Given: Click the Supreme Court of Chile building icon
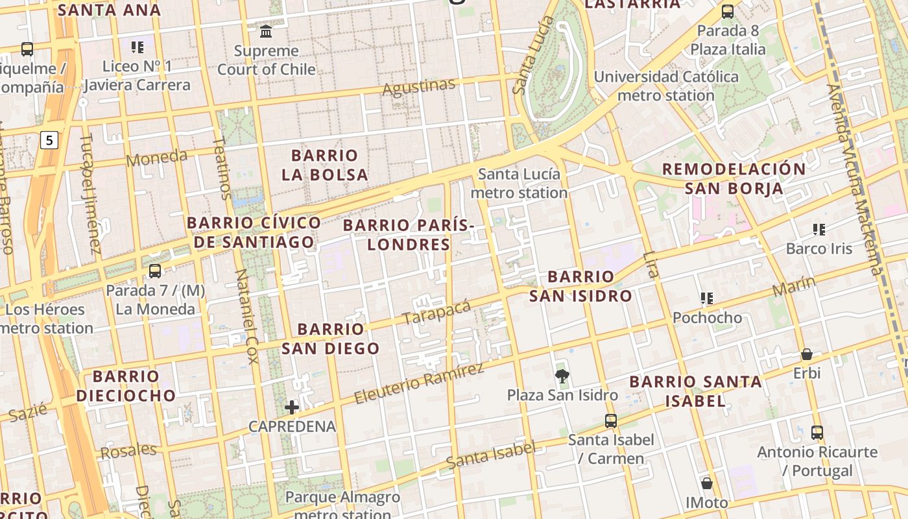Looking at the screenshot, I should [266, 31].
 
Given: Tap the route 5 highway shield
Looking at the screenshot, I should [49, 139].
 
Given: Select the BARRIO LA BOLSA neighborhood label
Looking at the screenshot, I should [325, 165].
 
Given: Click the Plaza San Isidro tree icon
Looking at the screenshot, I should [562, 376].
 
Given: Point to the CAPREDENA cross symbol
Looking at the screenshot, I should [292, 407].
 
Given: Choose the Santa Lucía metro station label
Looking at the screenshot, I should [519, 183].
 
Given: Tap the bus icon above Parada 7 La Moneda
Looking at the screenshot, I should [155, 271].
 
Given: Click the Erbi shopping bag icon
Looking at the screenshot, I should [807, 354].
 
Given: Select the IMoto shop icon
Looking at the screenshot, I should [707, 483].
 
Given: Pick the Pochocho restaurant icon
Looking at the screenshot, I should [707, 298].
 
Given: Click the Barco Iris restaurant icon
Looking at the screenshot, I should [819, 230].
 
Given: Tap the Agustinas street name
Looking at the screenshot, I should [419, 87].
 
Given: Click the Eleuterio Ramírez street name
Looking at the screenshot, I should [419, 383].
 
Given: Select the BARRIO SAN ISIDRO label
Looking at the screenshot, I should [580, 286].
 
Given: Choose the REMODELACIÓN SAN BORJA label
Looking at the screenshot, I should [734, 178].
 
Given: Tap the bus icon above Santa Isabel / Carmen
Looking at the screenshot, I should [610, 420].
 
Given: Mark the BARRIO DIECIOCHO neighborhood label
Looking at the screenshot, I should [126, 385].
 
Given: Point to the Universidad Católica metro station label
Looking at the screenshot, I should [666, 86].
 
